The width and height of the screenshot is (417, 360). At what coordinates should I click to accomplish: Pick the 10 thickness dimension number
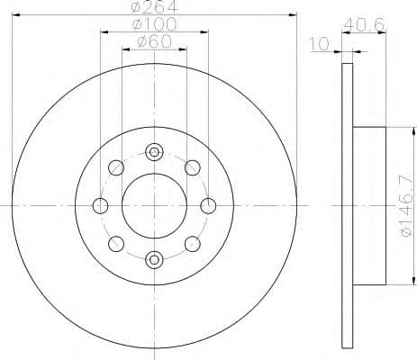tap(317, 43)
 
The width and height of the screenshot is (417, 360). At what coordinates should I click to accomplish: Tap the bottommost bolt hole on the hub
tap(154, 260)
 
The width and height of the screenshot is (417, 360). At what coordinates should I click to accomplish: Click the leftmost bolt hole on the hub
tap(100, 205)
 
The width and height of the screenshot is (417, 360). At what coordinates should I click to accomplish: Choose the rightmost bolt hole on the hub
tap(208, 205)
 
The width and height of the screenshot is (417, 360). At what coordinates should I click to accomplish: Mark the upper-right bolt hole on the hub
tap(192, 167)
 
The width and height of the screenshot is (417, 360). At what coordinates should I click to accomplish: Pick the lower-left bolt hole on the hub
tap(115, 244)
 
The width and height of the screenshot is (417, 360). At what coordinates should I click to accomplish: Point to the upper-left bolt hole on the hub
tap(115, 167)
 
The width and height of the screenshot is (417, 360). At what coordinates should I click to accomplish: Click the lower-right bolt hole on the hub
tap(192, 244)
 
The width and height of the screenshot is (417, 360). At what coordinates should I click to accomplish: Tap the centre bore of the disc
tap(154, 205)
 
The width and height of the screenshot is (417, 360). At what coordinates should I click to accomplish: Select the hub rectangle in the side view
tap(369, 205)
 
